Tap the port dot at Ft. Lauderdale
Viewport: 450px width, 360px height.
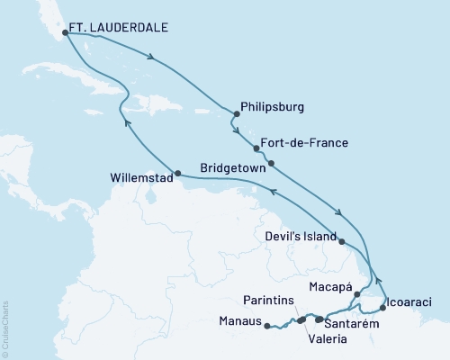[65, 34]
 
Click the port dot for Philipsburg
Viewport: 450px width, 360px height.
[236, 114]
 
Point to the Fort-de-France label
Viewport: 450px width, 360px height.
[301, 142]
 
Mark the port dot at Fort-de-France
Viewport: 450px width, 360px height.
[256, 148]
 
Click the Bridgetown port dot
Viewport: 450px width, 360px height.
[273, 164]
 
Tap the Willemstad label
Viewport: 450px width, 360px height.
[139, 178]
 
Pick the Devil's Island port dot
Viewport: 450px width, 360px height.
[341, 239]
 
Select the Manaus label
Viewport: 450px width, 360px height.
[238, 320]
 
